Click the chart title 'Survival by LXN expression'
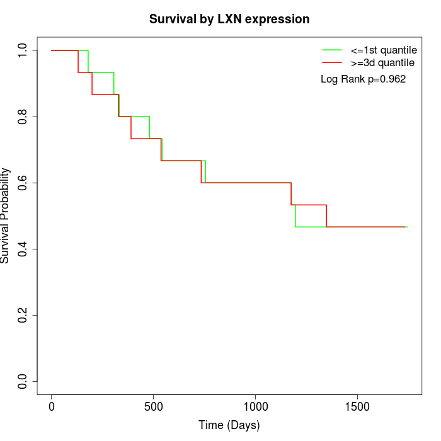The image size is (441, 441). [x=229, y=20]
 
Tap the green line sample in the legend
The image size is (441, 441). [x=332, y=50]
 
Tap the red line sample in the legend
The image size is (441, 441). [x=332, y=63]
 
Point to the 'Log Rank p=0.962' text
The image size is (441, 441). [x=363, y=79]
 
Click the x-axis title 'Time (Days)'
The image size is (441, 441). [x=229, y=425]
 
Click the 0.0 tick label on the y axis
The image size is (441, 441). [x=23, y=381]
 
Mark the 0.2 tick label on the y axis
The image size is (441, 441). [x=23, y=315]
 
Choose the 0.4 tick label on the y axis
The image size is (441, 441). [x=23, y=249]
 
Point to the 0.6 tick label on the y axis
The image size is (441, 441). [x=23, y=183]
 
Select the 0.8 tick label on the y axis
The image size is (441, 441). [x=23, y=117]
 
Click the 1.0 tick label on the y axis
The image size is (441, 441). [x=23, y=50]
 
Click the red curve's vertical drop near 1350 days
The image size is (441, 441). [x=326, y=216]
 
